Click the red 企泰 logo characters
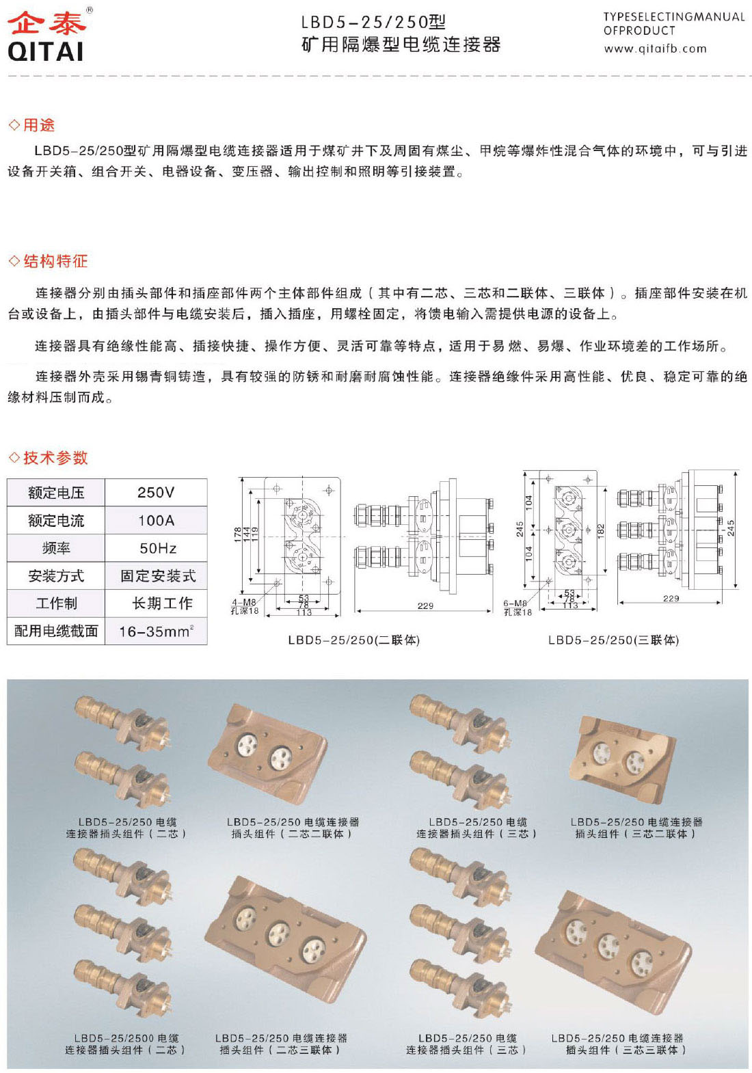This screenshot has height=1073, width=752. (x=46, y=22)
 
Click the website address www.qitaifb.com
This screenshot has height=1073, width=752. (x=654, y=49)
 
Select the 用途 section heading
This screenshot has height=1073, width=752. (x=38, y=125)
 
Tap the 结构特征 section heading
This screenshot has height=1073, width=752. (x=55, y=261)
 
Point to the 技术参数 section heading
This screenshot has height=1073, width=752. (x=55, y=458)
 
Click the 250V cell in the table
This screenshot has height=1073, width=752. (x=156, y=492)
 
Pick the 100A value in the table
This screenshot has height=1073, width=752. (x=156, y=521)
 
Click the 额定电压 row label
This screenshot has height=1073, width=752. (x=56, y=493)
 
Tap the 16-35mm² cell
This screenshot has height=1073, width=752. (x=156, y=631)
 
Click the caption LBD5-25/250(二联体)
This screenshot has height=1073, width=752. (x=353, y=640)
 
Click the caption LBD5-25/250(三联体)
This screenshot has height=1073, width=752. (x=613, y=640)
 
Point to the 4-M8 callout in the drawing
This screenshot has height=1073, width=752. (x=244, y=602)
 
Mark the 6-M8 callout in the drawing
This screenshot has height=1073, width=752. (x=515, y=603)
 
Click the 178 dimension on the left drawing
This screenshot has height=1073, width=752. (x=238, y=534)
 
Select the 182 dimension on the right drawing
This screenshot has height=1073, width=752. (x=601, y=529)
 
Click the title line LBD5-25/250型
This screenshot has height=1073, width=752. (x=373, y=23)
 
